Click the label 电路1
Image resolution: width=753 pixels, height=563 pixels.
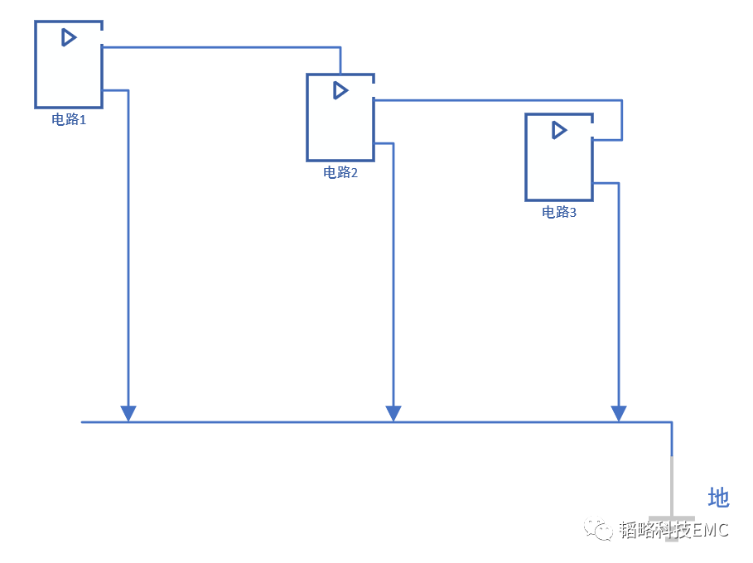tap(69, 119)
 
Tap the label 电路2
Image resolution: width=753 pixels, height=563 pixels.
tap(340, 173)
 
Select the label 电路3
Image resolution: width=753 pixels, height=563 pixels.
tap(559, 213)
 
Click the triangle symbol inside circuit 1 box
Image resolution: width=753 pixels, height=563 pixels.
tap(69, 37)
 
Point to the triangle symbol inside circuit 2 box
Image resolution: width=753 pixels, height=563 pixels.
tap(340, 90)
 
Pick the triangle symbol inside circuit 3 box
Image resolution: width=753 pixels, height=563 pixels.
tap(559, 130)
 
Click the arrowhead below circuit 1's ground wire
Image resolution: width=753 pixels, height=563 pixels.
tap(128, 413)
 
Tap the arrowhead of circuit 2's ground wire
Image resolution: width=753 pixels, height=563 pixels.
tap(393, 413)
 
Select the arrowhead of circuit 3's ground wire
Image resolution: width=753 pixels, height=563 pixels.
tap(618, 413)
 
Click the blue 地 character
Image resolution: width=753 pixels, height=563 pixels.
tap(718, 498)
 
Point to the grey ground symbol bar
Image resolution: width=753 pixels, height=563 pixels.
tap(671, 519)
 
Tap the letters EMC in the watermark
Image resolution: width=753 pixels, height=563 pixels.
tap(711, 530)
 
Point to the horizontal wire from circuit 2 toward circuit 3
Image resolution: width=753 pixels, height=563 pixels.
tap(497, 100)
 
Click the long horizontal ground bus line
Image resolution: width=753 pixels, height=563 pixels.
tap(331, 422)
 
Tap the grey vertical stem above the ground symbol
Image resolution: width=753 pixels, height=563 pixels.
tap(671, 484)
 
